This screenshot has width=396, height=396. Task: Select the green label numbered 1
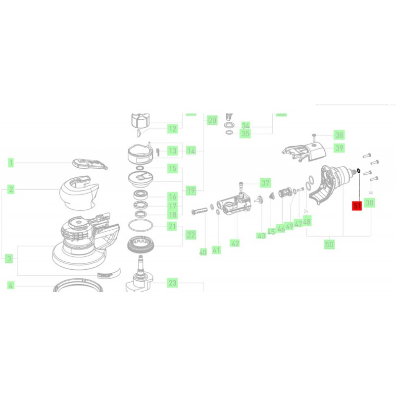11,162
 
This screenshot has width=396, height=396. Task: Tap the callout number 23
172,283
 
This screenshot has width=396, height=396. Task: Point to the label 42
235,243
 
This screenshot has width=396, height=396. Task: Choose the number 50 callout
329,244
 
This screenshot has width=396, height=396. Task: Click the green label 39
339,148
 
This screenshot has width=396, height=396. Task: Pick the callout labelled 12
172,129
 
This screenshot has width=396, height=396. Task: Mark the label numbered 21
172,227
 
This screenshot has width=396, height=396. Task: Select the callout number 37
266,183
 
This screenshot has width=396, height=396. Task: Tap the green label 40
202,252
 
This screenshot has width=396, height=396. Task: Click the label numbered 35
246,134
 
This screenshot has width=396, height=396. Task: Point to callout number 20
212,120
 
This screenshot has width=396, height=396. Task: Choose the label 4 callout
11,285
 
